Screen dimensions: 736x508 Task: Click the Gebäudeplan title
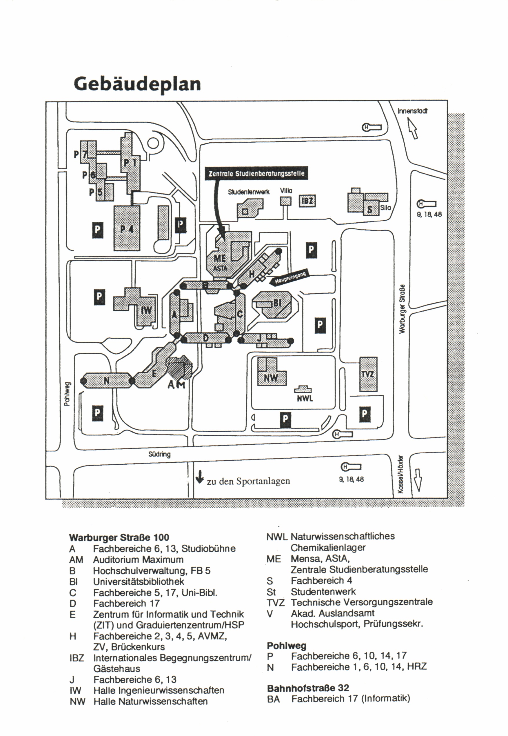137,84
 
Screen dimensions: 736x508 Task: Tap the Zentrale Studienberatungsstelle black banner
256,174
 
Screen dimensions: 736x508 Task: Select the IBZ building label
307,201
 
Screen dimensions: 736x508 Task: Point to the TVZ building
368,374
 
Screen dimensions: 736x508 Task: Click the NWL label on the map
305,398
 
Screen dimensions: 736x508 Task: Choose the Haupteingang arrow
290,278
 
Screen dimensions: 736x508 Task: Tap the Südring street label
159,454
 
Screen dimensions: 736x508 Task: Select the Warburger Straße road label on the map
402,309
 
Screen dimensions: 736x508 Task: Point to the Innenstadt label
412,111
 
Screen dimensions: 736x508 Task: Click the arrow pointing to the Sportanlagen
200,477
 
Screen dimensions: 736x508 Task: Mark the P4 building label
127,229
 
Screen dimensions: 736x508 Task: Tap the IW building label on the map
146,310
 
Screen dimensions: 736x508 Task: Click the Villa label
286,191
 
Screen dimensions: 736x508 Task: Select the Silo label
385,208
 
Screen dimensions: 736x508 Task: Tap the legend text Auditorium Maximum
138,559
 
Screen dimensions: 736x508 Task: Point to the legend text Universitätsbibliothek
139,581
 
